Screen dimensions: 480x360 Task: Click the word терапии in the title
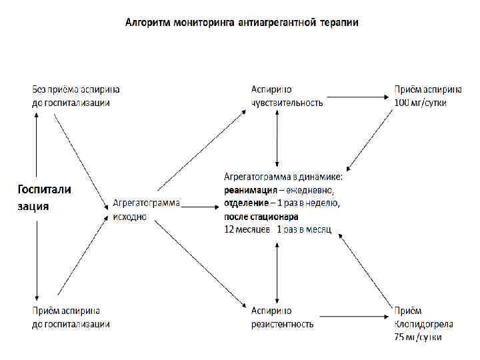339,23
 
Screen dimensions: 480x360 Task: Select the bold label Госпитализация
43,197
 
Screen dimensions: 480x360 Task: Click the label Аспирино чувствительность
287,96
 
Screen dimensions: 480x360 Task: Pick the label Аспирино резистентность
282,317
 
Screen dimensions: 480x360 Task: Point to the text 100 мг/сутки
420,103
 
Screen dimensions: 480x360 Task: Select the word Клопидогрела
423,325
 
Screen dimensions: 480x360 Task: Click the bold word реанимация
248,189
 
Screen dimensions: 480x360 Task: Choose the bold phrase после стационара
261,216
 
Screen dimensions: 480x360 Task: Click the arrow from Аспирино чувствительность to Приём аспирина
357,97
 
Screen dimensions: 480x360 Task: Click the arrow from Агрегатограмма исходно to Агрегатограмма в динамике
201,207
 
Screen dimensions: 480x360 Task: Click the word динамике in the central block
321,176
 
